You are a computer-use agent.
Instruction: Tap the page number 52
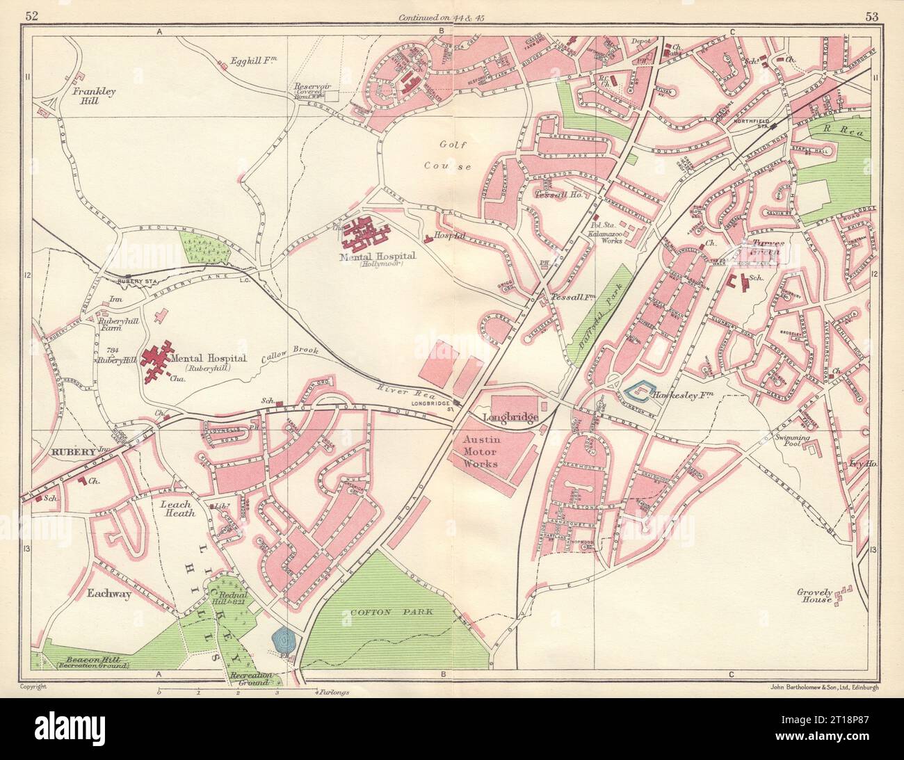pyautogui.click(x=31, y=16)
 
